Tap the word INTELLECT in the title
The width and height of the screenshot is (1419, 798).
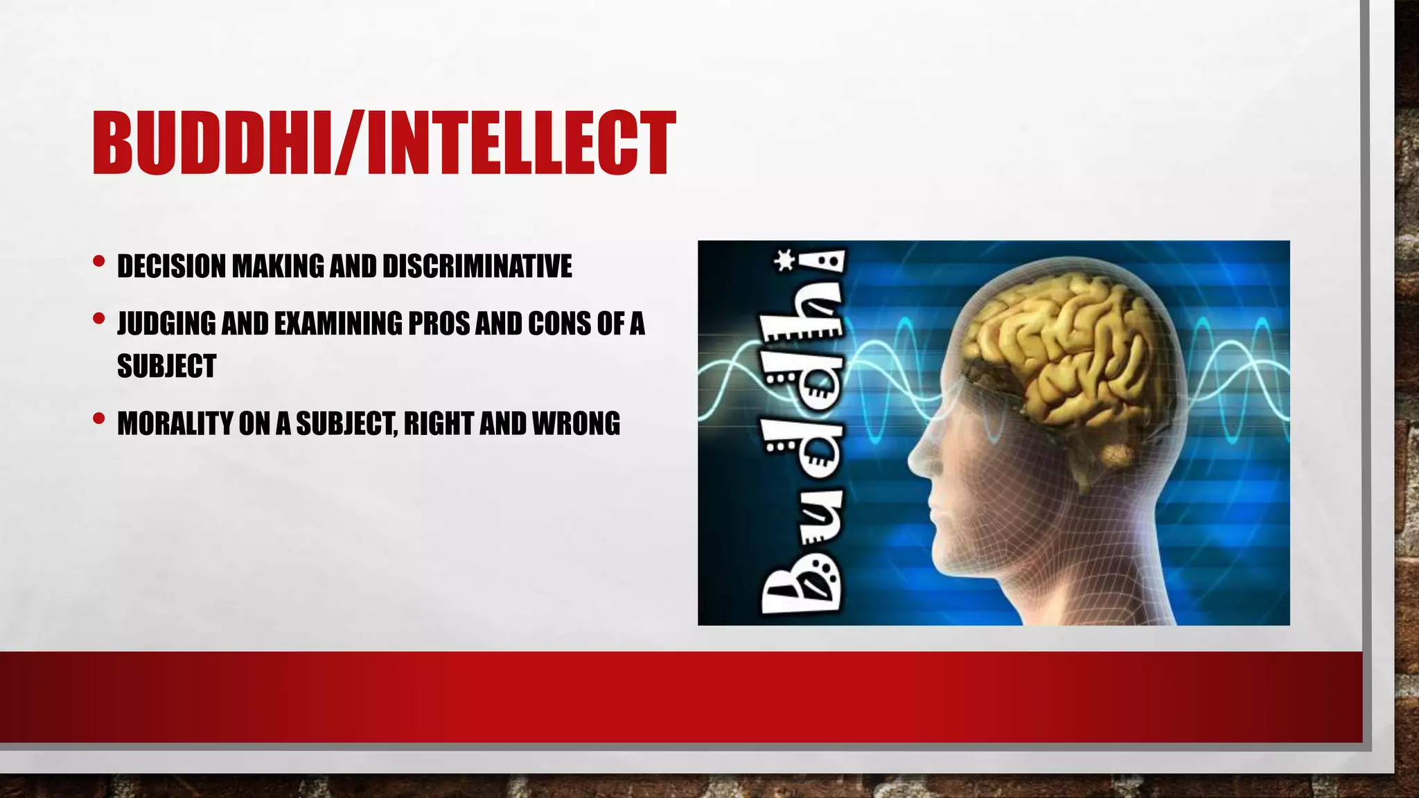coord(520,143)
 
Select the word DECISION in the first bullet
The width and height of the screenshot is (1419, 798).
coord(171,267)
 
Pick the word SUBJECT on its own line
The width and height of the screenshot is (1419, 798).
coord(166,366)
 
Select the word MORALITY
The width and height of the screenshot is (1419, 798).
coord(175,424)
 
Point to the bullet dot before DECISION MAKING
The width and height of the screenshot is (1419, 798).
coord(98,262)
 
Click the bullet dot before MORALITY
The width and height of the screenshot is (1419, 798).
coord(98,418)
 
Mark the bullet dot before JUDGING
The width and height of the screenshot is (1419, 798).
coord(98,319)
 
